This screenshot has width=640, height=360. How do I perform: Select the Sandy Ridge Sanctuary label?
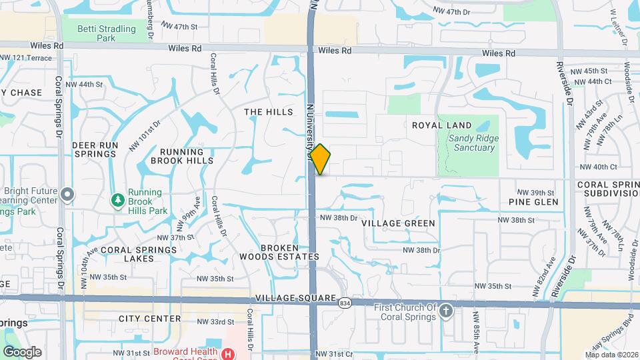coord(471,143)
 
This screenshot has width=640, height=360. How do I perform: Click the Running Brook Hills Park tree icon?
coord(118,199)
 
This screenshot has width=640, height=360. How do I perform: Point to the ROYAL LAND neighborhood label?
coord(441,125)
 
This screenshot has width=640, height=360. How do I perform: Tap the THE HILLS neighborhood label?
coord(268,112)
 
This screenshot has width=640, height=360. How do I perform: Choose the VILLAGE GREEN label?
coord(398,223)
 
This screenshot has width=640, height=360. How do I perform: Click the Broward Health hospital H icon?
coord(229,353)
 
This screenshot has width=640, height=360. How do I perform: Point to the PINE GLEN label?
coord(533,201)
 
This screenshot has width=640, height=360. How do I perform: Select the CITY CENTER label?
coord(149,319)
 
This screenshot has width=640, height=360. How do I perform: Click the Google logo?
coord(22,352)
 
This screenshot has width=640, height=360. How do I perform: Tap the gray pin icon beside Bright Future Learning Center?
coord(67,195)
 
